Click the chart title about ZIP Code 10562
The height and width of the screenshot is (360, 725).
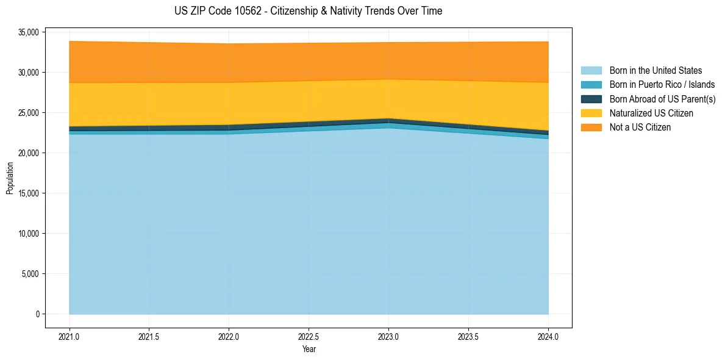(x=308, y=11)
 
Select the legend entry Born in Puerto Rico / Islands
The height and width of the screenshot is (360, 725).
(x=662, y=85)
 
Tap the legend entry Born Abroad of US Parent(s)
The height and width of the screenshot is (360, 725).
(x=662, y=99)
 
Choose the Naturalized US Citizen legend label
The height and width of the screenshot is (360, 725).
(x=651, y=113)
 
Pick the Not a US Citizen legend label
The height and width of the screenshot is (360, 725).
(x=640, y=127)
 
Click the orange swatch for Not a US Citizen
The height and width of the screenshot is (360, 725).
(x=591, y=127)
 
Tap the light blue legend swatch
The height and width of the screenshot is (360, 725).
(x=591, y=71)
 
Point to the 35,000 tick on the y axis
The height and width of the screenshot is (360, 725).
(x=28, y=32)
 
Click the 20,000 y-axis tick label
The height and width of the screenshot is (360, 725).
(x=28, y=153)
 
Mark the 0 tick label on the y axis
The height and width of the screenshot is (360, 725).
(x=37, y=314)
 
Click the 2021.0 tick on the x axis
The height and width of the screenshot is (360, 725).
(x=70, y=336)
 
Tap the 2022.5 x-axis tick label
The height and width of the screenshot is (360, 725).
(x=309, y=336)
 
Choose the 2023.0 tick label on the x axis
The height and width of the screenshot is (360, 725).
(x=388, y=336)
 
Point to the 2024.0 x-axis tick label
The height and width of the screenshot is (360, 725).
(x=548, y=336)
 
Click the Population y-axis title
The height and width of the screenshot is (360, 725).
(x=10, y=178)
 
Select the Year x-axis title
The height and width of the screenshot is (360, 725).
(x=309, y=349)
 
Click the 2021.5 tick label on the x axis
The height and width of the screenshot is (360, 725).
(x=149, y=336)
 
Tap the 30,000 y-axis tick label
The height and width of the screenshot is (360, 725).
(x=28, y=72)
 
